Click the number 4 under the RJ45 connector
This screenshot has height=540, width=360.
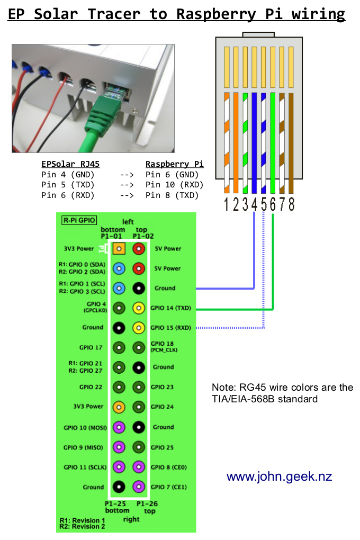[255, 204]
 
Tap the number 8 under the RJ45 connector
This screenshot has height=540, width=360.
[291, 204]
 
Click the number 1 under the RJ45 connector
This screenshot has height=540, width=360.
[227, 204]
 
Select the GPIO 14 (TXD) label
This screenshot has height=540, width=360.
[170, 308]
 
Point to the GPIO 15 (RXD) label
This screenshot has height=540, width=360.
[170, 328]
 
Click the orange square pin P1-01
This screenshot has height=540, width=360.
[120, 248]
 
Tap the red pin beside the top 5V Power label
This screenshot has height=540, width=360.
[139, 248]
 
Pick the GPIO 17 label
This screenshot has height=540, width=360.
[91, 347]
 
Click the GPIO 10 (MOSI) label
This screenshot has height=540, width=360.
[84, 427]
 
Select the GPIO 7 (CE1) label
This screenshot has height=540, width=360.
[168, 487]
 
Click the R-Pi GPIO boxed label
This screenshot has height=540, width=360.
[78, 220]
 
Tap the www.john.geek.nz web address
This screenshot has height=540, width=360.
[279, 476]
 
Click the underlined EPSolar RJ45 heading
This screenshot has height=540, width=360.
[70, 164]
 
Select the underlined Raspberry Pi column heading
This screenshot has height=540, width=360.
[174, 164]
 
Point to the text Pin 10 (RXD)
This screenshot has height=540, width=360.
[174, 185]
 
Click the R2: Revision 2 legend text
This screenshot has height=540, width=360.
[82, 526]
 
